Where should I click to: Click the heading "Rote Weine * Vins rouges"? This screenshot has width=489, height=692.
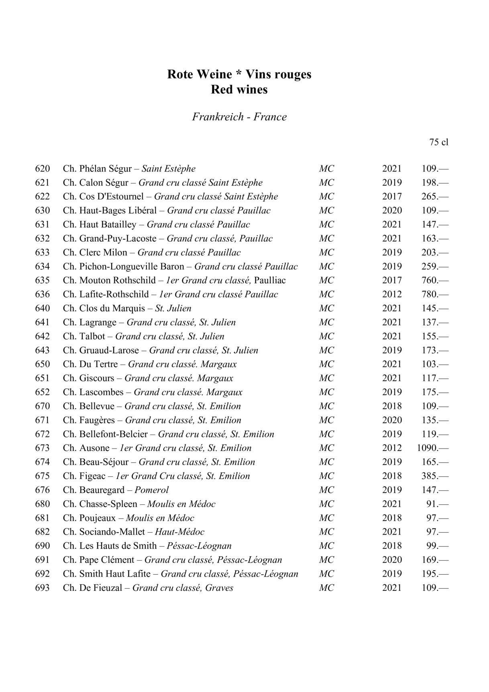tap(239, 74)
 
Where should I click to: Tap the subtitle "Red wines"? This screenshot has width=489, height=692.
tap(239, 89)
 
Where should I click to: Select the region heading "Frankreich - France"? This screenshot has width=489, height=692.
tap(239, 117)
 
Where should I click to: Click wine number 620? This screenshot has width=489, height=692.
tap(43, 169)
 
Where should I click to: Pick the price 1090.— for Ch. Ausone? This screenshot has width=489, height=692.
tap(432, 448)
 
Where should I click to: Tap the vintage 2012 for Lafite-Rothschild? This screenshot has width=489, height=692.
tap(392, 294)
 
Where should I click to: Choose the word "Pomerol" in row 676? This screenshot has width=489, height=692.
tap(151, 490)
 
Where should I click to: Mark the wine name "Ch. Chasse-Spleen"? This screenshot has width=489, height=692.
tap(100, 504)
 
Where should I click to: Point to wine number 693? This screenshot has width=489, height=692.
tap(43, 588)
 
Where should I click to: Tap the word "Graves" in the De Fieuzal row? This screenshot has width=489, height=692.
tap(219, 588)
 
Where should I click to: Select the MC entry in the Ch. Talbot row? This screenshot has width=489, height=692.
tap(326, 336)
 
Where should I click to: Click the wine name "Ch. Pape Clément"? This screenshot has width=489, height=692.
tap(98, 560)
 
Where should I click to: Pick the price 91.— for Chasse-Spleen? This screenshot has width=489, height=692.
tap(437, 504)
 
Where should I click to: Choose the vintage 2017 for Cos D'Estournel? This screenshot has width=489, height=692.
tap(392, 196)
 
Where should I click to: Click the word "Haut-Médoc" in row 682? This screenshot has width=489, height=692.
tap(179, 532)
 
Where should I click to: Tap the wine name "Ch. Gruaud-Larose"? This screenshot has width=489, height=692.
tap(101, 350)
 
